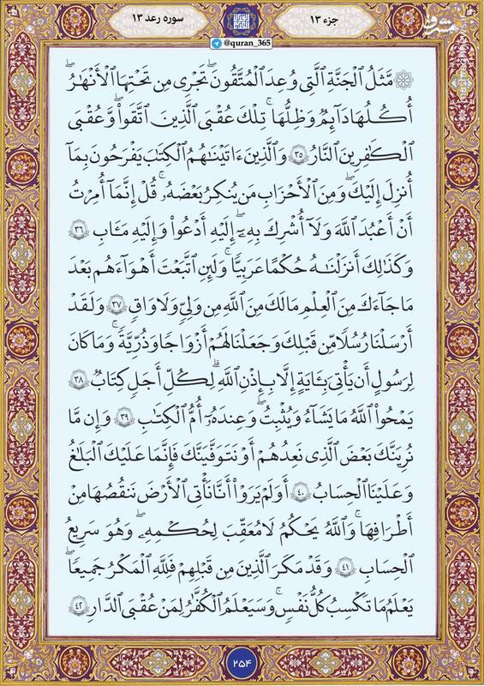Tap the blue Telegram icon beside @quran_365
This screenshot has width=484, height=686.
[218, 43]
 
